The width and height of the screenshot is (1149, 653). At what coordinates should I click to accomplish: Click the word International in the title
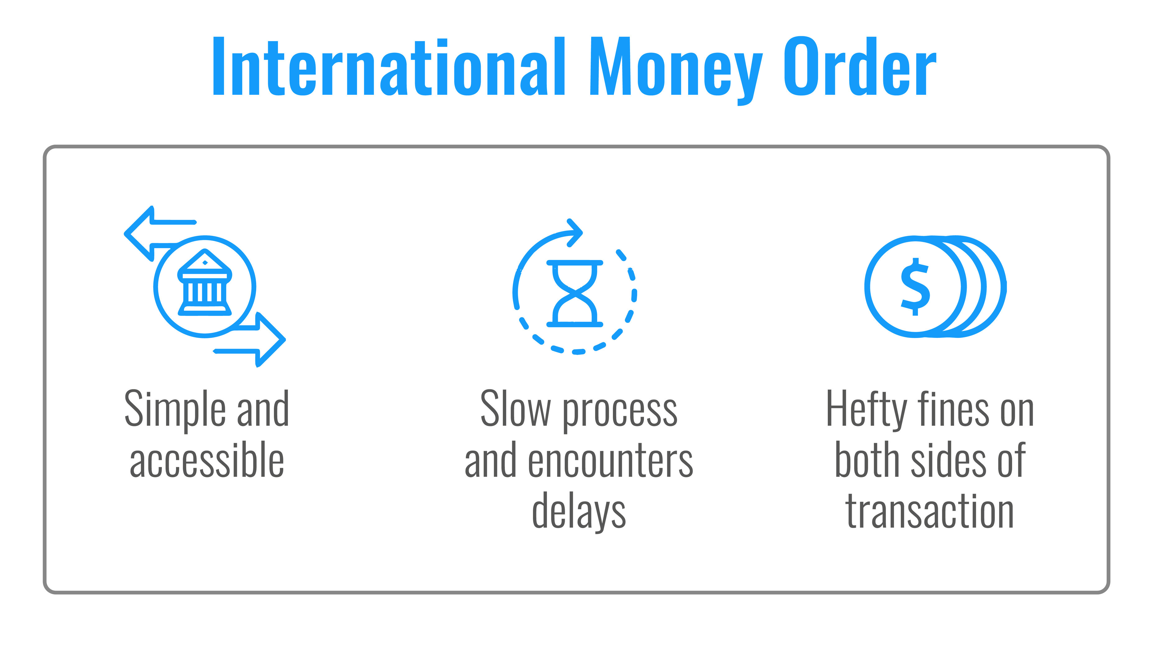pos(388,66)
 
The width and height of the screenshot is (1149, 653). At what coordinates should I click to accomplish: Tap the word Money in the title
pos(676,71)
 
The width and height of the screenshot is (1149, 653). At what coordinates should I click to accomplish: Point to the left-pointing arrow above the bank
pos(155,233)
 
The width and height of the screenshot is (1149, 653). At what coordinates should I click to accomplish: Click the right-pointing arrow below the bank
pos(253,340)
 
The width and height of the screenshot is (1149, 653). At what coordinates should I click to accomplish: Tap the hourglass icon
pos(575,293)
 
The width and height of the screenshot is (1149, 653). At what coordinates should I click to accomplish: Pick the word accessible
pos(207,460)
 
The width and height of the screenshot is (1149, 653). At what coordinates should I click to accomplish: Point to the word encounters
pos(611,461)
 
